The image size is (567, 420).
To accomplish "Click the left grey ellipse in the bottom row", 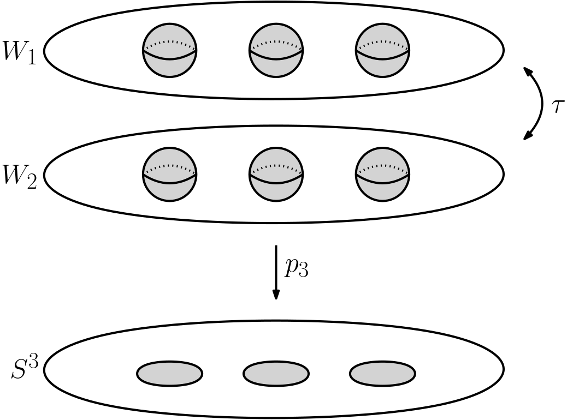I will pyautogui.click(x=169, y=374).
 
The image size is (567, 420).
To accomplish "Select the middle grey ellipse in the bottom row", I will pyautogui.click(x=276, y=374).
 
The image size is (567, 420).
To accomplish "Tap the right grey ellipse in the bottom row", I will pyautogui.click(x=382, y=374).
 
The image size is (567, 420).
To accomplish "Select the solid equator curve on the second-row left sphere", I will pyautogui.click(x=169, y=182).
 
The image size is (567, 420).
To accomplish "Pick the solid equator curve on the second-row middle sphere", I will pyautogui.click(x=276, y=182).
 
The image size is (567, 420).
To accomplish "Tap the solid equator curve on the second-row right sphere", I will pyautogui.click(x=382, y=182).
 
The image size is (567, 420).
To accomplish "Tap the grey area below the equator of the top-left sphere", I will pyautogui.click(x=169, y=67).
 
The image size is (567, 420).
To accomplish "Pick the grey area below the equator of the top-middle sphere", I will pyautogui.click(x=276, y=67).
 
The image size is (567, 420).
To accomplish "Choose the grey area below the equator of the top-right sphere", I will pyautogui.click(x=382, y=67).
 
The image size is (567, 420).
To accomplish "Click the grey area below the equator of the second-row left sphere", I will pyautogui.click(x=169, y=191).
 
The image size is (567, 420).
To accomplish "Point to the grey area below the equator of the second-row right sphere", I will pyautogui.click(x=382, y=191).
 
